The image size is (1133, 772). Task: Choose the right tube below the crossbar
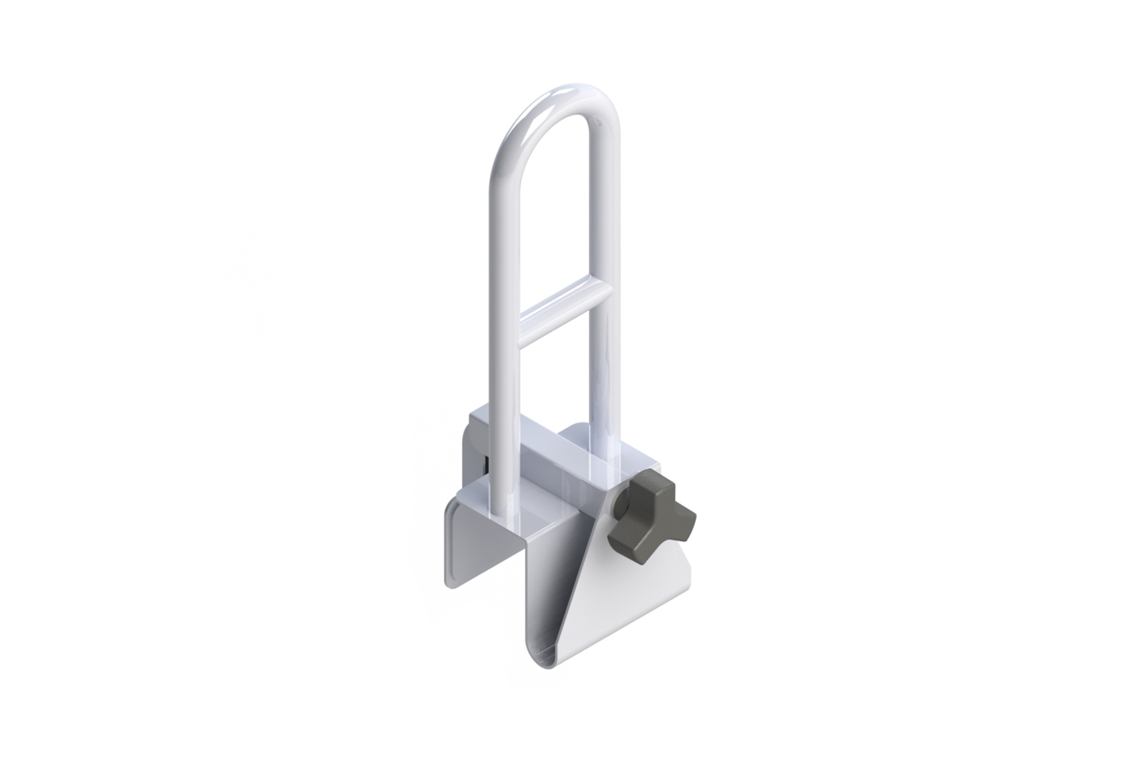[x=605, y=380]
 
